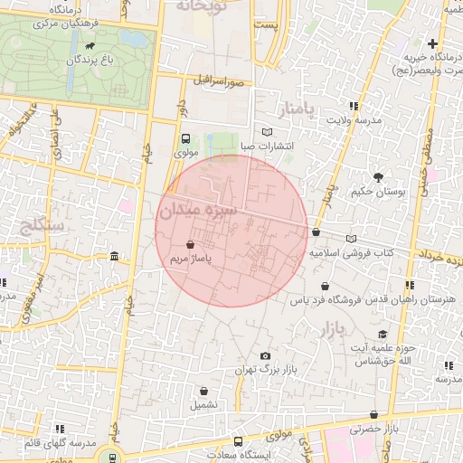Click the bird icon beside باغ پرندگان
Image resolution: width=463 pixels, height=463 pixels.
tap(89, 46)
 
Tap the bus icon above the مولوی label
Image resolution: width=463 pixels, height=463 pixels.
tap(185, 139)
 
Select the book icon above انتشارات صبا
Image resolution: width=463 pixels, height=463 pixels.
tap(265, 130)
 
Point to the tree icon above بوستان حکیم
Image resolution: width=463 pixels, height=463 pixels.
tap(377, 177)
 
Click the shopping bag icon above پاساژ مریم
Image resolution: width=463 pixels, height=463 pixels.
tap(190, 245)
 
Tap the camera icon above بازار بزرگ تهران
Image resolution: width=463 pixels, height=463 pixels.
tap(265, 356)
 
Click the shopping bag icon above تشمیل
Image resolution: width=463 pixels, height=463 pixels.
tap(204, 391)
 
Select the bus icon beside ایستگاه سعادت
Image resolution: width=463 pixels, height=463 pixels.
tap(238, 442)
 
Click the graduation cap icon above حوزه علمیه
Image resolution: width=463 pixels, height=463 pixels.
tap(383, 335)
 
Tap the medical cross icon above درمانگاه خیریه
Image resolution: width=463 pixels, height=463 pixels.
tap(434, 43)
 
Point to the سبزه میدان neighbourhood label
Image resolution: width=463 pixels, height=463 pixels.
tap(197, 211)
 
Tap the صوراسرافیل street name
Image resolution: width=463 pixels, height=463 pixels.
tap(219, 81)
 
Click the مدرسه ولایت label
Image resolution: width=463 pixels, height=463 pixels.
tap(353, 120)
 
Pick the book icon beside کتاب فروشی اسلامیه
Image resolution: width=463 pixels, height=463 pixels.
tap(351, 239)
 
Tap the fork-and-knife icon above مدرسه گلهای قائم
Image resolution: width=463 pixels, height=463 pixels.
tap(60, 429)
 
